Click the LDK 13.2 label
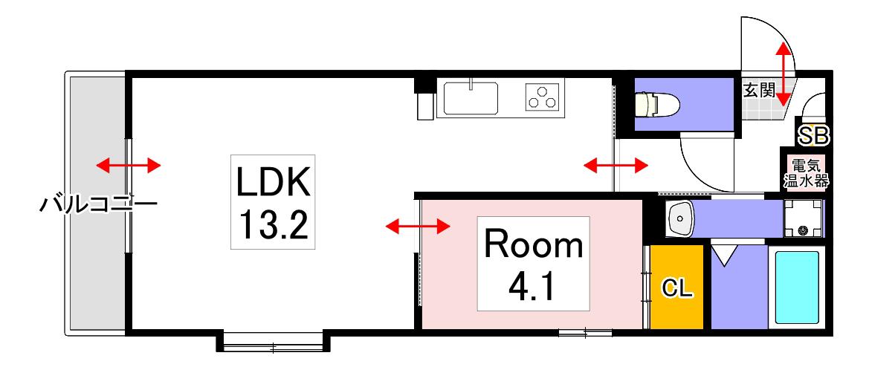(273, 201)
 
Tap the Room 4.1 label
(534, 264)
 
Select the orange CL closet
(677, 287)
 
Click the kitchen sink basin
(471, 99)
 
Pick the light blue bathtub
(796, 287)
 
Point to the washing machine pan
(803, 218)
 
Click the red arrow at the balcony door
(129, 165)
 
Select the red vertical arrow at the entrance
(783, 74)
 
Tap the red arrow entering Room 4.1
(418, 226)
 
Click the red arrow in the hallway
(616, 165)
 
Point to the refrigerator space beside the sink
(426, 106)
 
